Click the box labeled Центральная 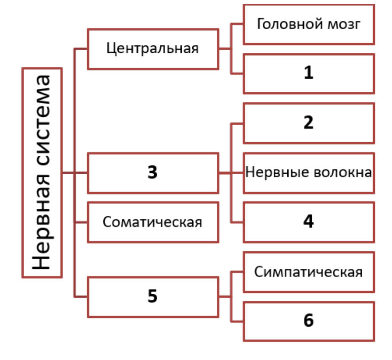[152, 49]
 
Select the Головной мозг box [309, 25]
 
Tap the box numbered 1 [309, 73]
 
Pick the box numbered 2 [309, 123]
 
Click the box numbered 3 [152, 172]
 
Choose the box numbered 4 [309, 221]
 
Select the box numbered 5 [152, 297]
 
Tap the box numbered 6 [309, 321]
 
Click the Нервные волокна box [309, 172]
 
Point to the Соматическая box [152, 222]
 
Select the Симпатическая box [309, 272]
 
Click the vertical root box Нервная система [42, 172]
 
